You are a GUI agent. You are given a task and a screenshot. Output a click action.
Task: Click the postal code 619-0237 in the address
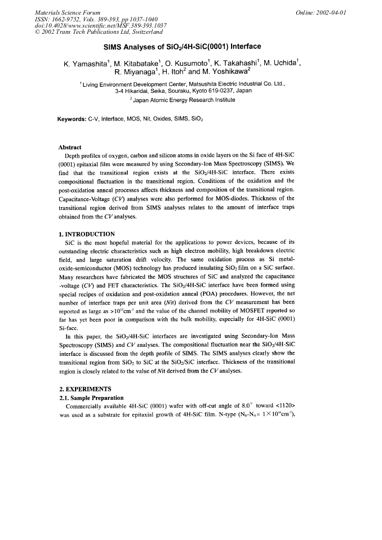(x=214, y=90)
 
